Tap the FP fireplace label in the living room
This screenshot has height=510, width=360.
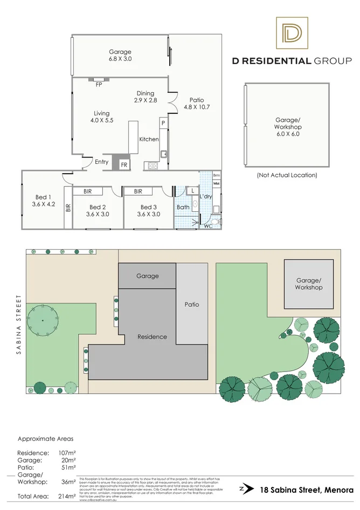[99, 85]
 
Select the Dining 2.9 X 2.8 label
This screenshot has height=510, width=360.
[146, 97]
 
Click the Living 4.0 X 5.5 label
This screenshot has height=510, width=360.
[101, 117]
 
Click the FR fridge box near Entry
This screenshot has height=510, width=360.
[124, 164]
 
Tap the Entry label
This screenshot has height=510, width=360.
[101, 162]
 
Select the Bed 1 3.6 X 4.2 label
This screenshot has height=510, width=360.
[43, 201]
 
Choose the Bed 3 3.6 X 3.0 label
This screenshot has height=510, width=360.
[149, 210]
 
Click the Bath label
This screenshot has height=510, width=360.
[183, 207]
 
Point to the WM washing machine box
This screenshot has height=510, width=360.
[217, 184]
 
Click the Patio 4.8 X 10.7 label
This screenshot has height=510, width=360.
[196, 103]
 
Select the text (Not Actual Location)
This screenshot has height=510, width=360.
[286, 175]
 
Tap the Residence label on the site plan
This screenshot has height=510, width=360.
[151, 336]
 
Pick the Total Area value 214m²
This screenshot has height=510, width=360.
[67, 495]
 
